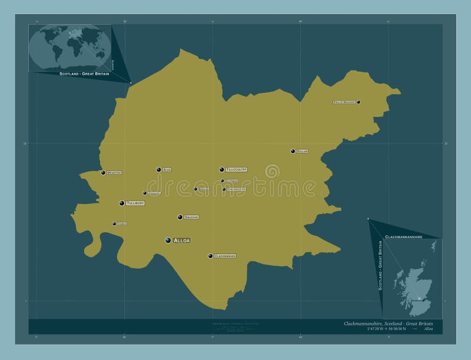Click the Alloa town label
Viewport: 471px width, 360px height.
(182, 241)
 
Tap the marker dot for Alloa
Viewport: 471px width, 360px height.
(168, 240)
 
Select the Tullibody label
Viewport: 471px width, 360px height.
(135, 203)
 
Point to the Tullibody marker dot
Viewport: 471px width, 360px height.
(122, 203)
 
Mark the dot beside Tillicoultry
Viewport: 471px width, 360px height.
(221, 169)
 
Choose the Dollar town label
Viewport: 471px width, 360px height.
(302, 152)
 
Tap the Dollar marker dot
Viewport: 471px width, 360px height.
(293, 151)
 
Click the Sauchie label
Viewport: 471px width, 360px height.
(191, 218)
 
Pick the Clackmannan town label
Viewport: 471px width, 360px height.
(225, 256)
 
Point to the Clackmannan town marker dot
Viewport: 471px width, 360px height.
(210, 256)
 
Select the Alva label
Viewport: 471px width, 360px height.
(167, 170)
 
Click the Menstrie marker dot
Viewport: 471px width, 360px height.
(103, 172)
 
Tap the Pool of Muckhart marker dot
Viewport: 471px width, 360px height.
(359, 102)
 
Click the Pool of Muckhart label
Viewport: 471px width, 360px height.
(344, 102)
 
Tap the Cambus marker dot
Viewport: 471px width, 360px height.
(114, 224)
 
